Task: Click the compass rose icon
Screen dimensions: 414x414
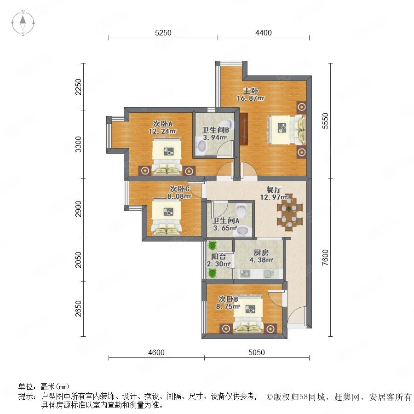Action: pos(23,23)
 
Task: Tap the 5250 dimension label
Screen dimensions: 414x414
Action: pos(163,33)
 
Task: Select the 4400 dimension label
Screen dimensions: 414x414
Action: pos(264,33)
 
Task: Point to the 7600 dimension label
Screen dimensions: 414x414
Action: pos(325,257)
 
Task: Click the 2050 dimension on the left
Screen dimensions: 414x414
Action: pos(78,260)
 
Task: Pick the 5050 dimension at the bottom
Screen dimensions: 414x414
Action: pos(256,352)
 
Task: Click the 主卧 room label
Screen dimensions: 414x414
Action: pos(251,91)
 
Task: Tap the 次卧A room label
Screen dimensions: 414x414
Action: pos(163,124)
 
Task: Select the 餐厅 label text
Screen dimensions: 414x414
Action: pos(274,190)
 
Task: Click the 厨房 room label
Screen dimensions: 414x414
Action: pos(261,253)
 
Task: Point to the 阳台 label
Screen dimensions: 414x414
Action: pos(218,256)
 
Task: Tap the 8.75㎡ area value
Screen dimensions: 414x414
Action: pos(228,306)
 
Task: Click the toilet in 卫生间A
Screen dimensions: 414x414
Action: pos(241,210)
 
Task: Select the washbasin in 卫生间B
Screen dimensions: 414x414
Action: pos(202,146)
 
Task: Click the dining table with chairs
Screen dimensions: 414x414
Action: pos(289,212)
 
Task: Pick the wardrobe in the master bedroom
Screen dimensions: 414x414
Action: pos(244,129)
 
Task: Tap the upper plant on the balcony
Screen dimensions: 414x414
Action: pos(212,246)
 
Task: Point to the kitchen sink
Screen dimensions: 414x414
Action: pos(267,274)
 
